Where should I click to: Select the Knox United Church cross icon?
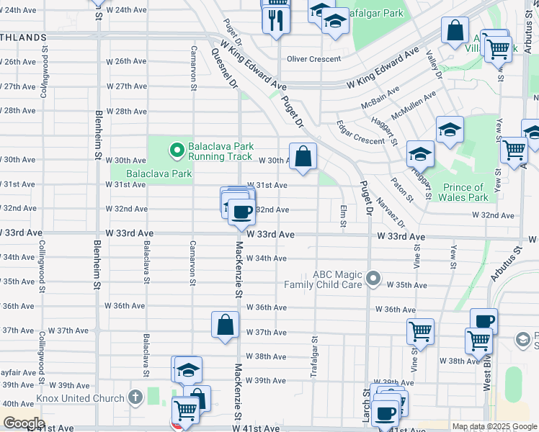(135, 397)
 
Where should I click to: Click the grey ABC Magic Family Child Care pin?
(373, 278)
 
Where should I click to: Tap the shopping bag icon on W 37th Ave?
(225, 324)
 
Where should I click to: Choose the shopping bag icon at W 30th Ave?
(303, 156)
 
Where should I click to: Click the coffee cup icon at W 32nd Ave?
(242, 211)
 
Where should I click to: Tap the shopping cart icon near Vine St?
(420, 331)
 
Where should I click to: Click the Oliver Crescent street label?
(318, 60)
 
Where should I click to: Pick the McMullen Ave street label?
(414, 105)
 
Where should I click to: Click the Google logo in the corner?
(23, 423)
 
